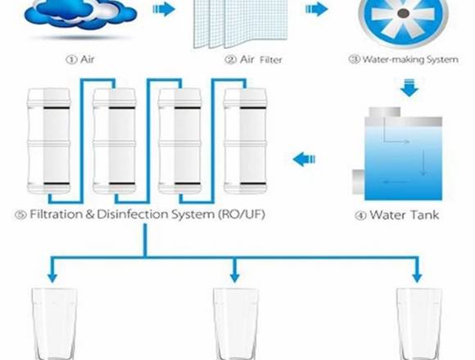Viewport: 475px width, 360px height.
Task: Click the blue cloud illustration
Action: [x=80, y=14]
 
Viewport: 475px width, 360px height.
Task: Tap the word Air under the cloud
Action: [x=88, y=59]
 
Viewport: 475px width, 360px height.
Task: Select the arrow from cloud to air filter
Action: [x=164, y=9]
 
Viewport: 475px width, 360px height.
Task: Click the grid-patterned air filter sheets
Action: [x=240, y=24]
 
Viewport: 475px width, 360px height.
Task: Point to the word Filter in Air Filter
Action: [x=270, y=60]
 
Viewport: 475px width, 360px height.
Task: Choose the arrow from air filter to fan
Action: [x=317, y=9]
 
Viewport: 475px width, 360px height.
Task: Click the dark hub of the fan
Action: [x=403, y=13]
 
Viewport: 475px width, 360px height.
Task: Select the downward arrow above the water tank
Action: [x=409, y=88]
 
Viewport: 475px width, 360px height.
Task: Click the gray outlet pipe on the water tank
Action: [x=359, y=182]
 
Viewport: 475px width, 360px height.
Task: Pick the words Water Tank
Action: [x=404, y=215]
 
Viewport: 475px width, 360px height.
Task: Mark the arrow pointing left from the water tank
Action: [x=304, y=159]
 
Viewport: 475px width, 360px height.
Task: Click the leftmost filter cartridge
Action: [x=49, y=141]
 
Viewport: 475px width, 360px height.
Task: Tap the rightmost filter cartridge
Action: [x=246, y=141]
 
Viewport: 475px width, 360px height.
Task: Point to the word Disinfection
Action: [x=133, y=214]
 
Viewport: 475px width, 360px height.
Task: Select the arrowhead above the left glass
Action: [x=52, y=277]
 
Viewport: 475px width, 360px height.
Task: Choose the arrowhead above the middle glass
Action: [x=235, y=277]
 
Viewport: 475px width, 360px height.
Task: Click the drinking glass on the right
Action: [x=419, y=324]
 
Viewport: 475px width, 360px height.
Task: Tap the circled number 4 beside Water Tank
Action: [x=360, y=216]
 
